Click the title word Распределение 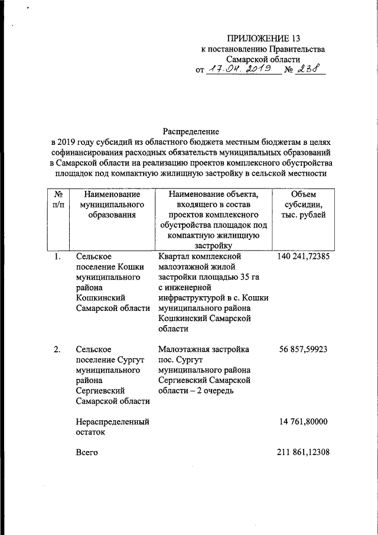pos(191,131)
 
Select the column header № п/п pos(58,199)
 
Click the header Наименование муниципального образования pos(112,205)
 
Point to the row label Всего pos(88,453)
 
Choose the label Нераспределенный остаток pos(112,427)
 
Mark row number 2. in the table pos(57,349)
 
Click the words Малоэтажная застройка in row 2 pos(204,349)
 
